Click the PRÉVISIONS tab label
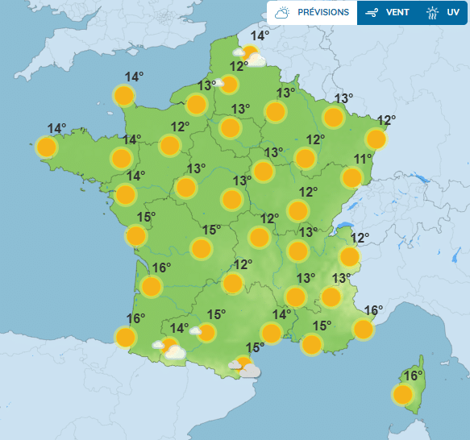[323, 12]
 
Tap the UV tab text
[452, 12]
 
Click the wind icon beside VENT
[372, 12]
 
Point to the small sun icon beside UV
[433, 12]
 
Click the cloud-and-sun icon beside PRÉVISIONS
[282, 12]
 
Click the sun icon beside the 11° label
[351, 177]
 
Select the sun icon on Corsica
[403, 395]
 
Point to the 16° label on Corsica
[414, 376]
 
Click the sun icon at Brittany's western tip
[47, 147]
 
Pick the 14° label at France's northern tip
[260, 35]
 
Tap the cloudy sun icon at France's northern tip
[252, 56]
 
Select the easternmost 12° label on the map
[386, 121]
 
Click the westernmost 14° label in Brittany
[56, 128]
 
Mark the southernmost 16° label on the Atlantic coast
[135, 318]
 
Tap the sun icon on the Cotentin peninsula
[123, 97]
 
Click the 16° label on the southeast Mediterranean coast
[372, 310]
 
